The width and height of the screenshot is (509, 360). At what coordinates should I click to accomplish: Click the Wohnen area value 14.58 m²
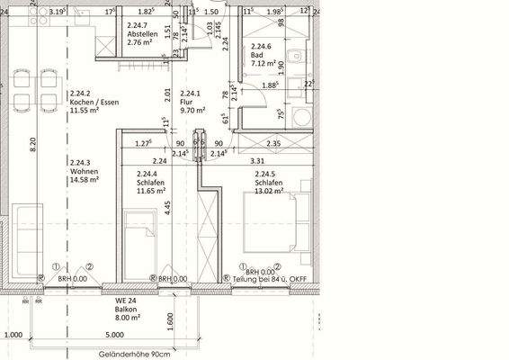84,179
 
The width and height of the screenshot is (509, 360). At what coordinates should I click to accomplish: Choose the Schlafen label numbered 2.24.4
151,183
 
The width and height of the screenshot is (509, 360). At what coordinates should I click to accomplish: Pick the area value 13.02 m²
270,191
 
